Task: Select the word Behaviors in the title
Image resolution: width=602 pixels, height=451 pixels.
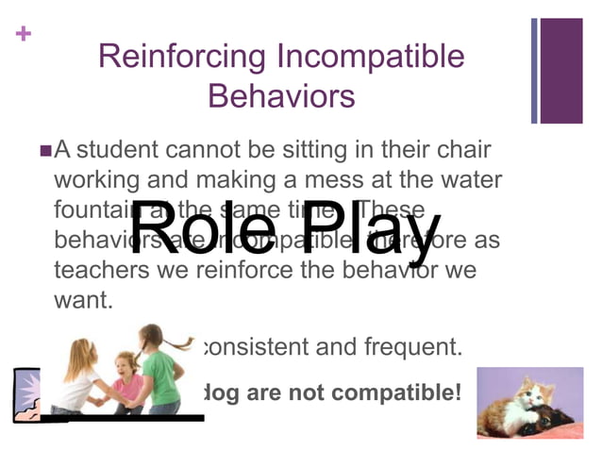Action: point(280,96)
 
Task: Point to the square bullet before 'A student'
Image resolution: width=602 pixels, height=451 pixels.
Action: point(46,149)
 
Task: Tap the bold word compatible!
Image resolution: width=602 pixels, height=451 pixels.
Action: point(397,390)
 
